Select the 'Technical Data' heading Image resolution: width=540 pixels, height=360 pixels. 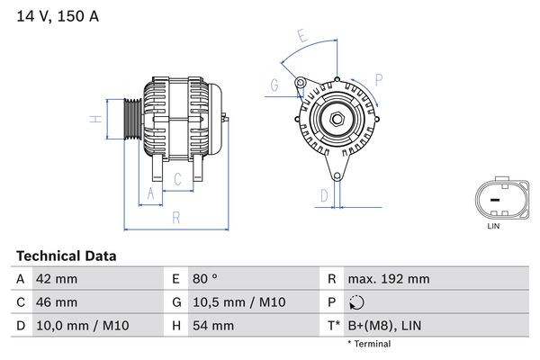click(66, 256)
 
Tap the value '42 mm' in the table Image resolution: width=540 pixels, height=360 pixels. click(56, 279)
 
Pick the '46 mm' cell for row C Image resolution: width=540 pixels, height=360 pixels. click(56, 302)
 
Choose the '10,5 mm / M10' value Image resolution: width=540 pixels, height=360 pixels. click(229, 302)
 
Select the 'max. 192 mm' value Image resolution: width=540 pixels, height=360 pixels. click(390, 279)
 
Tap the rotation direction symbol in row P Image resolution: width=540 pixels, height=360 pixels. click(358, 302)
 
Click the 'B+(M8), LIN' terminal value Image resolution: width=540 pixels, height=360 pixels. click(385, 325)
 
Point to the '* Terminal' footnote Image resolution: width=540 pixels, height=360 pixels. click(371, 344)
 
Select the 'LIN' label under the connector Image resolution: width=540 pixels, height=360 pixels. click(492, 226)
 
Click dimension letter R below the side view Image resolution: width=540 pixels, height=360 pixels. click(176, 217)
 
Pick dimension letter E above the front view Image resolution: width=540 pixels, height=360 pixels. click(302, 37)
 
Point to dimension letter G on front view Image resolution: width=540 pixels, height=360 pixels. click(273, 85)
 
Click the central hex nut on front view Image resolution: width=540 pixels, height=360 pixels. click(334, 120)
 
